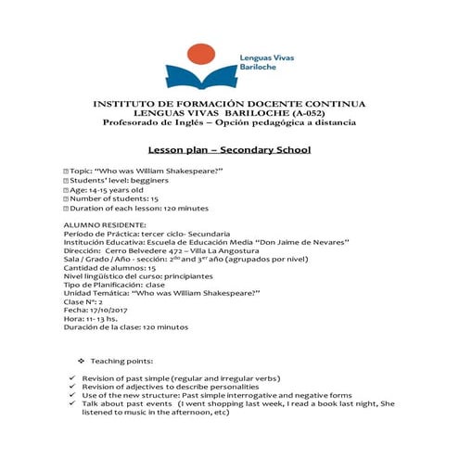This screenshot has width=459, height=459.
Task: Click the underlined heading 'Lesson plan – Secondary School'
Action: coord(229,150)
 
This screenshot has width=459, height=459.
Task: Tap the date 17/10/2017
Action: coord(107,310)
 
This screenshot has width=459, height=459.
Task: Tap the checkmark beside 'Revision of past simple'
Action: coord(71,379)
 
